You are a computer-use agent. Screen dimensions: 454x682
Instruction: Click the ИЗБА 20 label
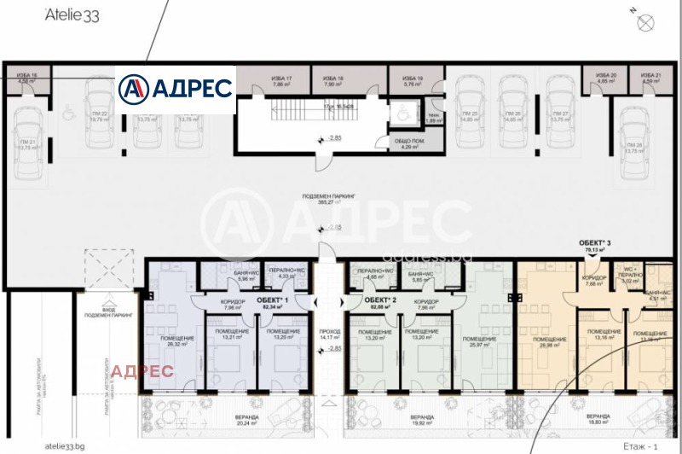pos(606,79)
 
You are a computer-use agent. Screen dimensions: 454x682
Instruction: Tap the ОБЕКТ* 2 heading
pos(381,300)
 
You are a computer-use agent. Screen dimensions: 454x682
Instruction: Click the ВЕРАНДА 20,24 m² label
pos(225,419)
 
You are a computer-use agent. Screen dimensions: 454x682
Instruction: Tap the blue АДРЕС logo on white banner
pos(176,88)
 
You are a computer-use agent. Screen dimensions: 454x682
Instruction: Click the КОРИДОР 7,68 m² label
pos(593,281)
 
